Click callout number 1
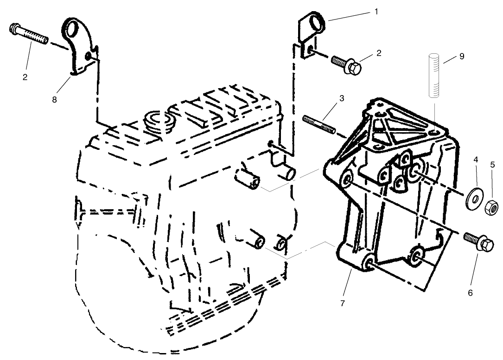[x=376, y=12]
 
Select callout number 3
[x=341, y=98]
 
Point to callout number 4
[x=476, y=160]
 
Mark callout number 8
[x=54, y=99]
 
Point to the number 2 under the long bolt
[x=25, y=77]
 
